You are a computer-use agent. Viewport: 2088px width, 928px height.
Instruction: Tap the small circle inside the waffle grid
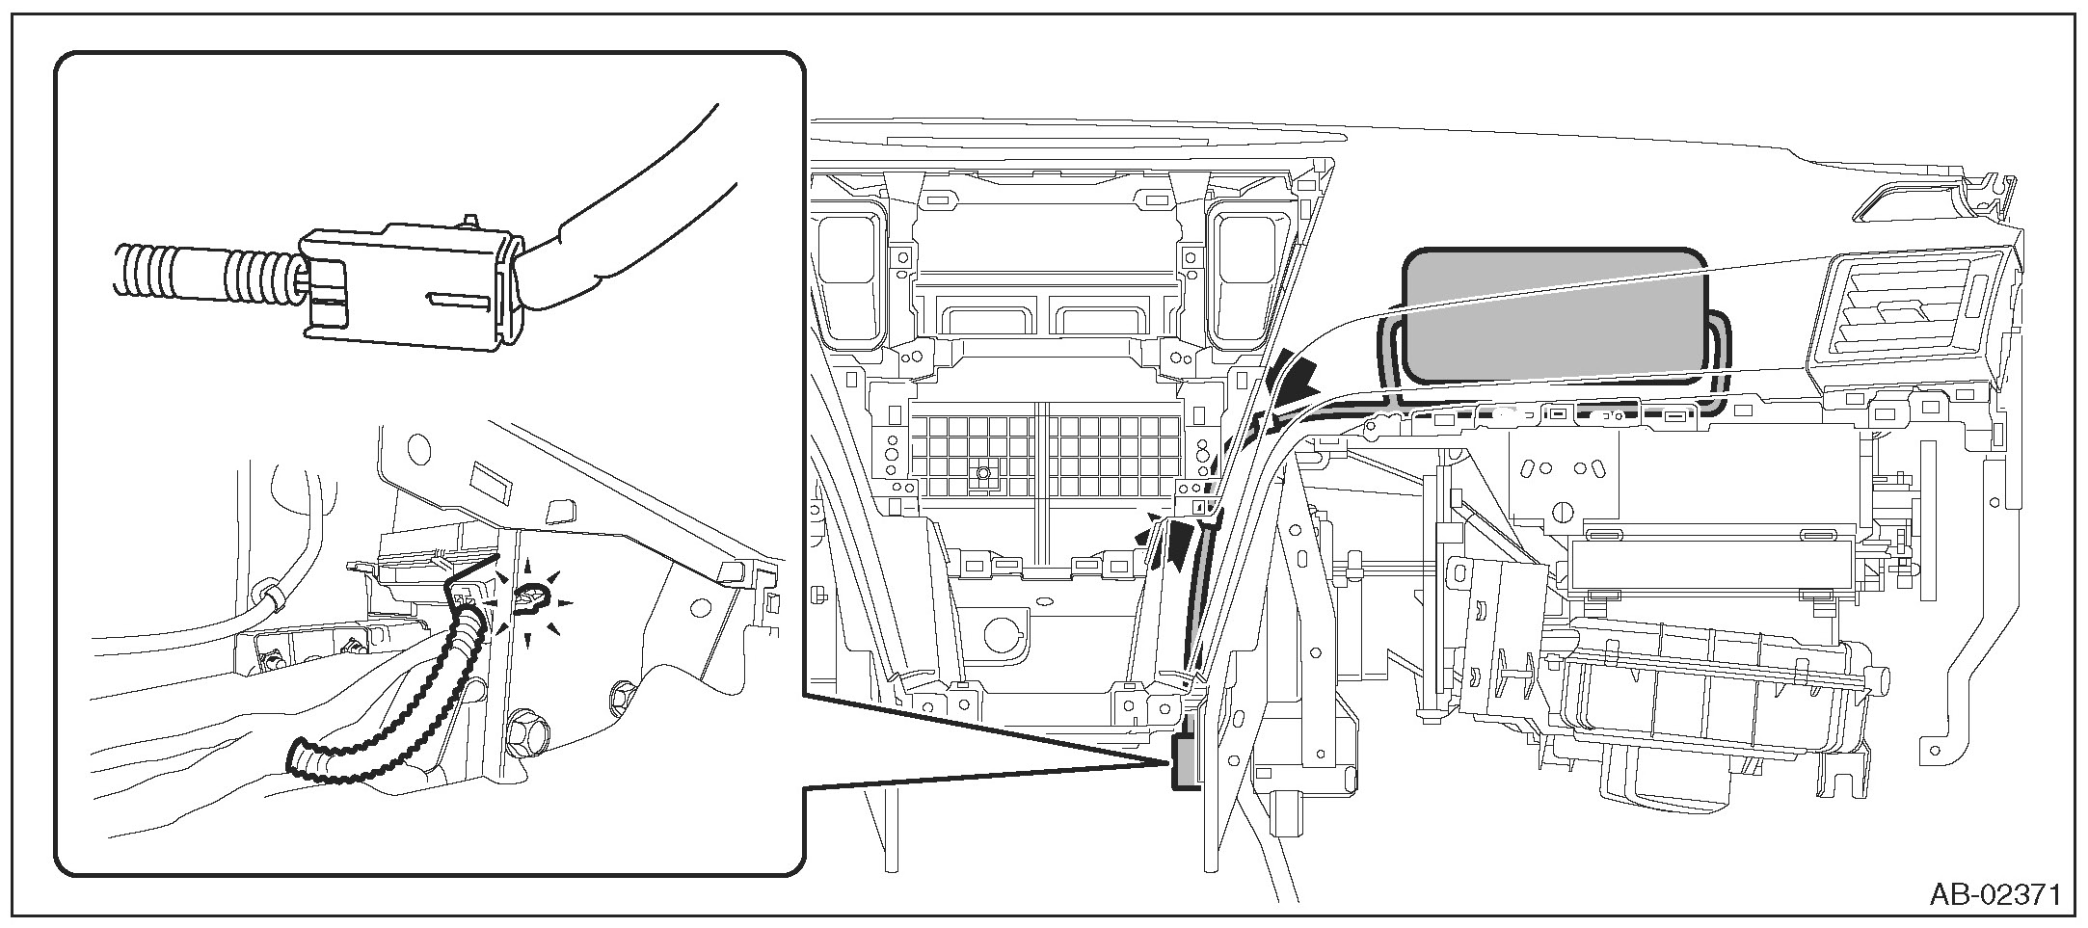coord(982,473)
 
